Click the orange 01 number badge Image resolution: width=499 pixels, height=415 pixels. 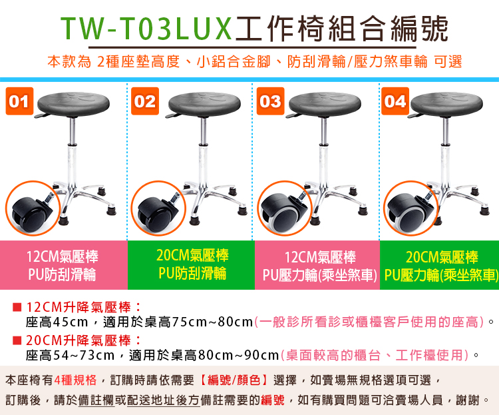coord(19,101)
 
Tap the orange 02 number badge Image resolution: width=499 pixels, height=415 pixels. coord(145,101)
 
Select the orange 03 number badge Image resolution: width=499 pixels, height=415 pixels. coord(270,101)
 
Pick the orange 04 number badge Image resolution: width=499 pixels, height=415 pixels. coord(395,101)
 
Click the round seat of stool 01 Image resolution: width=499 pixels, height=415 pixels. coord(73,104)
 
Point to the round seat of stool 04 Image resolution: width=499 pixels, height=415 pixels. coord(446,104)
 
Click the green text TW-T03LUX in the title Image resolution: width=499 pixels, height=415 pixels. coord(146,29)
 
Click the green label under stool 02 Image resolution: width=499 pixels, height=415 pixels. coord(191,265)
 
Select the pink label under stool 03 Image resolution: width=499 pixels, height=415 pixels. coord(317,265)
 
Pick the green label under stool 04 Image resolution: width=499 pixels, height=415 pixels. coord(439,265)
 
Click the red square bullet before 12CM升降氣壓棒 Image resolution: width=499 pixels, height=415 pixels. coord(17,308)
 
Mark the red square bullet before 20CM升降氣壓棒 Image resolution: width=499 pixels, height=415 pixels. coord(17,341)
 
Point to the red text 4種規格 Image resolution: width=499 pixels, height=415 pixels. coord(75,380)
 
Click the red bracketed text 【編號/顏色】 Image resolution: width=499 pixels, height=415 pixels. coord(234,380)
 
